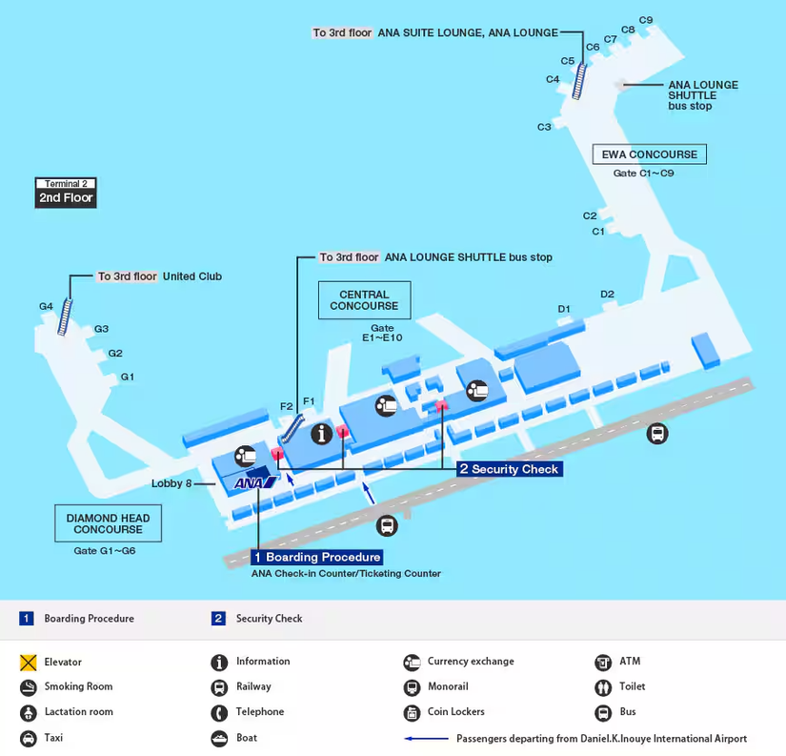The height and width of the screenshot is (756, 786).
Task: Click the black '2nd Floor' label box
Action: point(66,198)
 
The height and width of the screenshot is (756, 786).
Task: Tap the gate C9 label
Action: point(646,20)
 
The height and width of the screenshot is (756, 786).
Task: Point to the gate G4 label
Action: point(47,306)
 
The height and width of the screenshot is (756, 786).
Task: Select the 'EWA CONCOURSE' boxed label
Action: point(650,154)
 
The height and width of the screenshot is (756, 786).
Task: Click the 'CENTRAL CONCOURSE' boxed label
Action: point(364,300)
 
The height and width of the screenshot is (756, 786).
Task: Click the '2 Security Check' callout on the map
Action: point(509,469)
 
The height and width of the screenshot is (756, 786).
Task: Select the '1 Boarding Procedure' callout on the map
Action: point(316,557)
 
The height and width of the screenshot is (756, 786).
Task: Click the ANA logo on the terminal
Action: point(254,482)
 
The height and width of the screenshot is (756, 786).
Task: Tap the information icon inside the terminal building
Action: point(323,434)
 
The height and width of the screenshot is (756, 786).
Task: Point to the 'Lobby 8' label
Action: point(171,483)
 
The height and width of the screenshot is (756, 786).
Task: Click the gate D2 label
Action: point(607,294)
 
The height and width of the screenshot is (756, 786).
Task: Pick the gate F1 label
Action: point(308,400)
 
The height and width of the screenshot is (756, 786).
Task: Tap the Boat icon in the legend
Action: point(219,738)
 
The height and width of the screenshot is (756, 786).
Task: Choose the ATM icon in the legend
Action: point(603,662)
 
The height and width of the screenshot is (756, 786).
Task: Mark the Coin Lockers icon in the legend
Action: point(412,712)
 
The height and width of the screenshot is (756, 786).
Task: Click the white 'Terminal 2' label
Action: point(66,183)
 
